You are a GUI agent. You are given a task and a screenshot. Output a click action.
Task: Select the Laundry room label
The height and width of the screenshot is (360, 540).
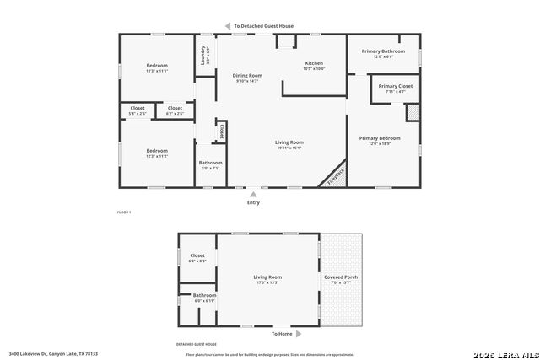click(x=203, y=56)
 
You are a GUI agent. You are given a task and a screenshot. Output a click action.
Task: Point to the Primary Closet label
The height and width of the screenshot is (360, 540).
click(x=395, y=88)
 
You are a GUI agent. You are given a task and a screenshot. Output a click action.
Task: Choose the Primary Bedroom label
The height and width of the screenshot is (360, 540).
click(x=379, y=140)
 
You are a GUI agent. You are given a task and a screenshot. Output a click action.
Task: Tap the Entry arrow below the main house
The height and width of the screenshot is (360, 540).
click(x=253, y=194)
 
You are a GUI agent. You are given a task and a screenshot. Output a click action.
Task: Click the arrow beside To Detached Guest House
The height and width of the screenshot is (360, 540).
click(x=227, y=26)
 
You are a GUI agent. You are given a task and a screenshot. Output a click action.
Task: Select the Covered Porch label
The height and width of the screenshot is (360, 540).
click(x=340, y=279)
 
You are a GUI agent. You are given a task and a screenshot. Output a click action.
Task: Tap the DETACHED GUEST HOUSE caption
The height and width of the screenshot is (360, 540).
click(x=197, y=344)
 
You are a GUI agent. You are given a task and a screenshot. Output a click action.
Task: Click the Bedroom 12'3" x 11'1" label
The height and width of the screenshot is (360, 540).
click(x=157, y=68)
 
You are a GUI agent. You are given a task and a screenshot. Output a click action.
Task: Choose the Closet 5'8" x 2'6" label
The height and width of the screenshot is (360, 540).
click(x=138, y=110)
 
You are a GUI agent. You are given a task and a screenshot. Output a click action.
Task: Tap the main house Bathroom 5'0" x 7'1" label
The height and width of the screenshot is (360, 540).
click(x=210, y=165)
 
